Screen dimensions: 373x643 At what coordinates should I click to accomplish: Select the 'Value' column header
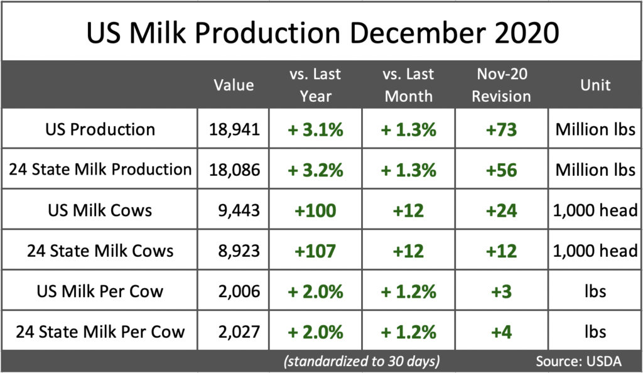coord(234,85)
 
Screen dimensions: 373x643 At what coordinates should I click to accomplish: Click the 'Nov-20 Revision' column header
coord(502,85)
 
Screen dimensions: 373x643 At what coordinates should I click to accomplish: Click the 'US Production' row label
coord(100,129)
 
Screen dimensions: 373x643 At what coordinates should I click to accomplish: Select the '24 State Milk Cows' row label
coord(100,251)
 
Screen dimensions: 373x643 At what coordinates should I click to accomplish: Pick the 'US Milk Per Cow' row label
coord(100,291)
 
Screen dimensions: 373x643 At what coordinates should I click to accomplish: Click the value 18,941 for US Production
coord(233,129)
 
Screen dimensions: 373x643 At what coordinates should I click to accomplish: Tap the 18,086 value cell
coord(233,170)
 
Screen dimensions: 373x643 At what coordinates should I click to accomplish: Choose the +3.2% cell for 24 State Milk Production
coord(315,170)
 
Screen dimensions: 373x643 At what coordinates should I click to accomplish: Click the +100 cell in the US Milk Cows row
coord(315,210)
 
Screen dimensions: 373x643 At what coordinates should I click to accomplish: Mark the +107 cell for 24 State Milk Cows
coord(315,251)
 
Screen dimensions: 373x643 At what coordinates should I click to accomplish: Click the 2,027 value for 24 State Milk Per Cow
coord(233,331)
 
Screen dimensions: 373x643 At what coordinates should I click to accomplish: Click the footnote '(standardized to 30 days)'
coord(360,361)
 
